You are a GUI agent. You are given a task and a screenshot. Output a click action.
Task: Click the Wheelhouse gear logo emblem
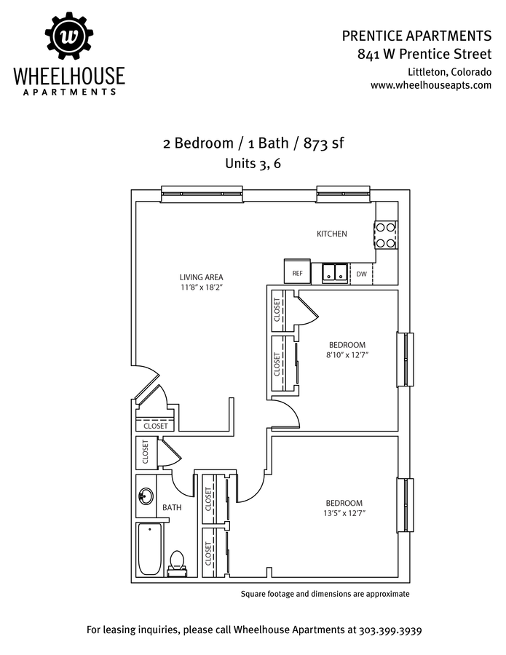click(69, 36)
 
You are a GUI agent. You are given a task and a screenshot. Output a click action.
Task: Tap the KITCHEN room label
click(331, 234)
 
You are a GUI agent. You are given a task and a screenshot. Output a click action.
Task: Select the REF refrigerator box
click(297, 273)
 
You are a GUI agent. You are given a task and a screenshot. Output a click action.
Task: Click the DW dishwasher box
click(362, 274)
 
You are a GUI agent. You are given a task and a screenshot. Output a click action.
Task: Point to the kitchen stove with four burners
click(386, 235)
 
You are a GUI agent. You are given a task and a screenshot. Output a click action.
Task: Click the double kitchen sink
click(334, 273)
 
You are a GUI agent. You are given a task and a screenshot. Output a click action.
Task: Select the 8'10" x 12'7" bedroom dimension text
click(347, 355)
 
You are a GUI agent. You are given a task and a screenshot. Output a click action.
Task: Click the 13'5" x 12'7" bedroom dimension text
click(344, 513)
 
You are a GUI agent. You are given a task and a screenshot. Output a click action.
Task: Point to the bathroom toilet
click(177, 562)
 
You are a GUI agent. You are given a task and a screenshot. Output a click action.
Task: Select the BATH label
click(172, 507)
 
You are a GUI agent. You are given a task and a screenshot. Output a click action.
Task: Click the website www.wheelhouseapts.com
click(431, 85)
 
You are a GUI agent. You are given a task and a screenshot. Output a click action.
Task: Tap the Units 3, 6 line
click(253, 164)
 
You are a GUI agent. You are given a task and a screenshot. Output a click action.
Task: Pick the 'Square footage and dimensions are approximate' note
click(325, 594)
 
